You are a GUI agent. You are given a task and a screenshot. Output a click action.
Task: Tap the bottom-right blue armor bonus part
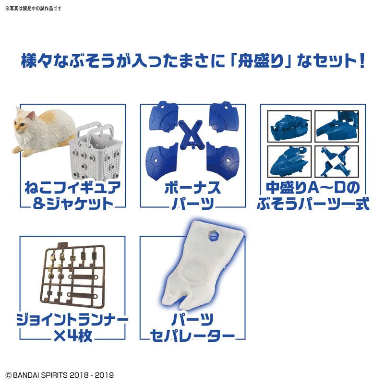(219, 158)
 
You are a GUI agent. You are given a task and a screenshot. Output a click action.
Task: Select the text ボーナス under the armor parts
(190, 188)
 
